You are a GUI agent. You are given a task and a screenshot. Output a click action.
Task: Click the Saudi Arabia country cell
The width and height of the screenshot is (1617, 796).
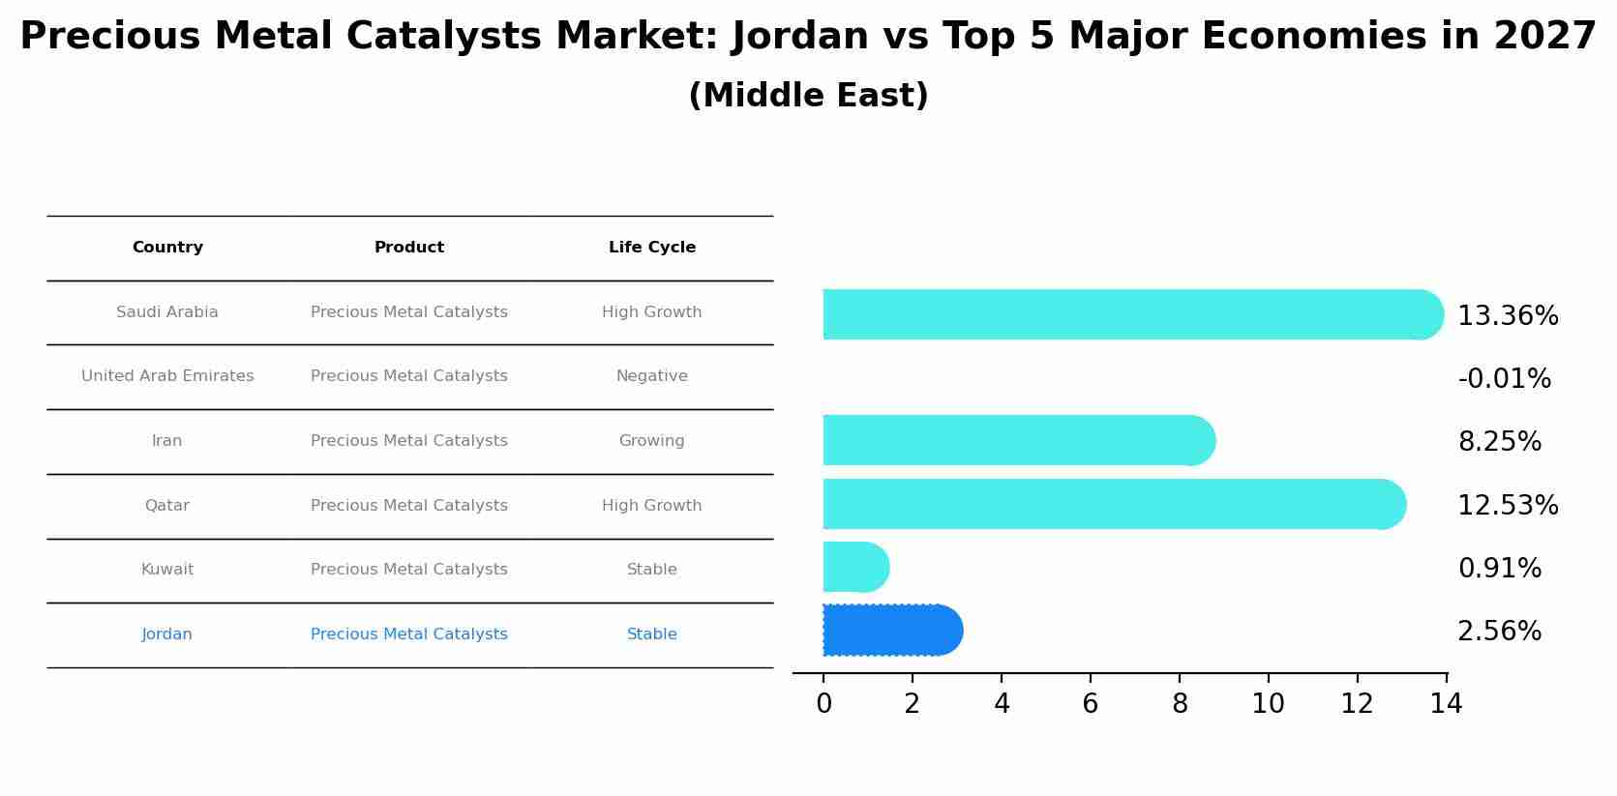[167, 312]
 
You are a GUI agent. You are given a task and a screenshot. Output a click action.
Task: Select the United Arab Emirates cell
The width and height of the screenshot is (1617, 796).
[167, 376]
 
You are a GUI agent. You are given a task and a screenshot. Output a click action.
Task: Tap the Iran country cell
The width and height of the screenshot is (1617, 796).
[167, 441]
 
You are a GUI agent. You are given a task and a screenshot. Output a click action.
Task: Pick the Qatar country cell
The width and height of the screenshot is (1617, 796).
[167, 506]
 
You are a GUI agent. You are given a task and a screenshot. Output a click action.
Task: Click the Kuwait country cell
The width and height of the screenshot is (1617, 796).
[167, 570]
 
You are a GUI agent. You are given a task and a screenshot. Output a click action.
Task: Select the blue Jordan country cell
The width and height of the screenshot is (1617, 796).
[167, 634]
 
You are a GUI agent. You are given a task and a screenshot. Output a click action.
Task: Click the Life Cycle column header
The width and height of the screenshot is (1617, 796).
[651, 248]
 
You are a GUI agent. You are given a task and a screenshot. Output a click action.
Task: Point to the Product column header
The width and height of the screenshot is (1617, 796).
[409, 248]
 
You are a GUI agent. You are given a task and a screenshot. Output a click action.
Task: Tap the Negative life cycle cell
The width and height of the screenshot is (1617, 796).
[651, 376]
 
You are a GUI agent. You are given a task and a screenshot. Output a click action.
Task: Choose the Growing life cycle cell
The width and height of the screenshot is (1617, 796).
[651, 441]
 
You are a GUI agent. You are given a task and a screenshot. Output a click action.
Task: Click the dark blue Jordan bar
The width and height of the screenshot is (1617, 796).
[890, 631]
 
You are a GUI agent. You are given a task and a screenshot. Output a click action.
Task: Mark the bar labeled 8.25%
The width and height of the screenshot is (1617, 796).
[1016, 440]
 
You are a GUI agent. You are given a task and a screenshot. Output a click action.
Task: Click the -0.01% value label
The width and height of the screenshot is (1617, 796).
[1504, 379]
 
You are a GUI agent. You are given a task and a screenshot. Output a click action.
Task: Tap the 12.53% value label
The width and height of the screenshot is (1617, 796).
[1508, 506]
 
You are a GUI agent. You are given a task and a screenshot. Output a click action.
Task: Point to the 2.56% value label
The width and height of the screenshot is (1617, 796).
[1499, 632]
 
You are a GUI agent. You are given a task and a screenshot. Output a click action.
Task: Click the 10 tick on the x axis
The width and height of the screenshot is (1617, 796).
[1268, 704]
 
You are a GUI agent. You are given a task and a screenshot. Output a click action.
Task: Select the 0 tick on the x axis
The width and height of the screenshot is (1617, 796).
[823, 704]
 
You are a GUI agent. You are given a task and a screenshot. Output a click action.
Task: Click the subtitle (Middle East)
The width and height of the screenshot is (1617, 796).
[808, 96]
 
